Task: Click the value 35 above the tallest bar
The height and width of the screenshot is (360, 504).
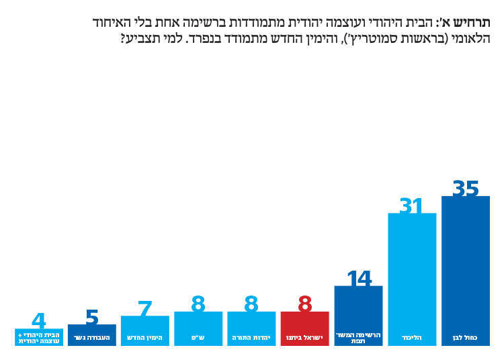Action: point(466,189)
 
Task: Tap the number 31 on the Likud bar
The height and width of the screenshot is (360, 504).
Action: point(412,206)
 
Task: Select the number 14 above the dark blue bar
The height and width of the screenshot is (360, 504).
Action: point(359,279)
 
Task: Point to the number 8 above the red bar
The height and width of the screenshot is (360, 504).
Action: point(305,305)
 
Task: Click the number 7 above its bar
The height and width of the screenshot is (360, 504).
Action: point(144,309)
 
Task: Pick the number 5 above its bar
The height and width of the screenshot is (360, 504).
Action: point(92,318)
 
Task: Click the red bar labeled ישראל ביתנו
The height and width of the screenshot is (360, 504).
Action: point(305,329)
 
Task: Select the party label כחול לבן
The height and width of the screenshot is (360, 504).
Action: point(466,337)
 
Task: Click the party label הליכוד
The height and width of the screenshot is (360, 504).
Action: point(412,337)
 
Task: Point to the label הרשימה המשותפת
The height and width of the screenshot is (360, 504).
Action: point(359,337)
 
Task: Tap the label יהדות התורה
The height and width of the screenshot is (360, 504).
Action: point(251,337)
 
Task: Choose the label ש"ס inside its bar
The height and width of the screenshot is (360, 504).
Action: point(198,337)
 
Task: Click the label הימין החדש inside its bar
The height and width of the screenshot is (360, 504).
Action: point(144,337)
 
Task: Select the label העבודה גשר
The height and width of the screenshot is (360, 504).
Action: point(92,337)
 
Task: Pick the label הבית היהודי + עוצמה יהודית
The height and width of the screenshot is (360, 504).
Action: point(39,337)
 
